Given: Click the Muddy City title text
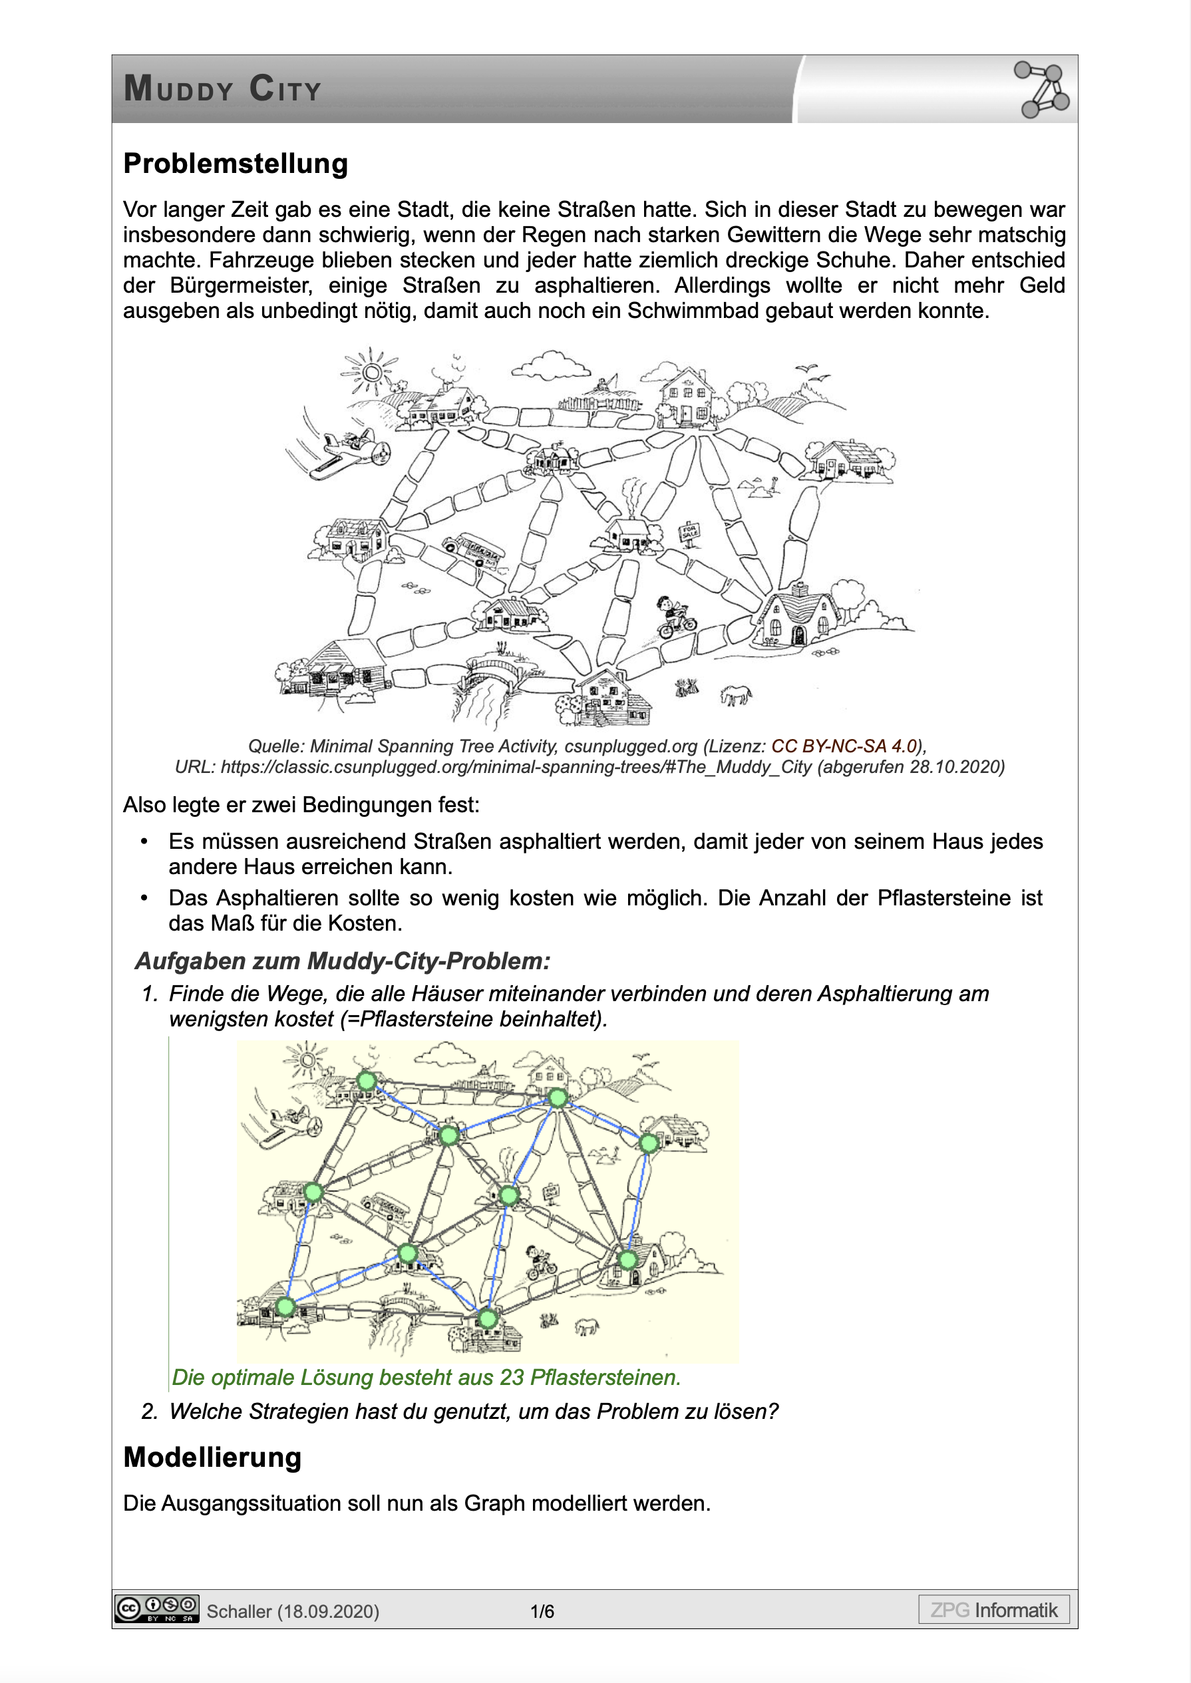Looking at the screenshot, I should [x=222, y=89].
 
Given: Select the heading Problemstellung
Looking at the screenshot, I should [x=236, y=164].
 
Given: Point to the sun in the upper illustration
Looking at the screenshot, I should [x=372, y=373].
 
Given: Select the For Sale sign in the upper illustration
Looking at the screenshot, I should [x=690, y=532].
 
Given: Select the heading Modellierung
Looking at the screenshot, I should [x=213, y=1457].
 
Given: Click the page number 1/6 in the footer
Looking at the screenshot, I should [x=542, y=1611].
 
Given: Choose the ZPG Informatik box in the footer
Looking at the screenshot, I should [x=994, y=1610].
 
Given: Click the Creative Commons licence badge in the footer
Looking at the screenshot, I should [x=156, y=1609].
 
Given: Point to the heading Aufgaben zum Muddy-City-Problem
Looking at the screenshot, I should [x=343, y=961].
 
